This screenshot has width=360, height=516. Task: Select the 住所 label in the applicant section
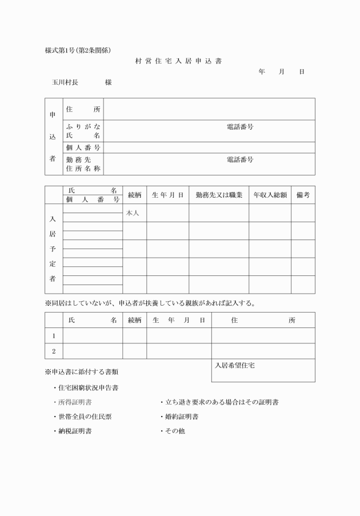(x=83, y=109)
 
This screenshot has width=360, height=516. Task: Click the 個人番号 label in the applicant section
(x=83, y=148)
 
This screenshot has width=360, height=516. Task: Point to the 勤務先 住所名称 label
(x=83, y=164)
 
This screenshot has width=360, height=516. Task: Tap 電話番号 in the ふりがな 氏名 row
(x=240, y=127)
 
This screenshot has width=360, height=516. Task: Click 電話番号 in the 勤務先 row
(x=240, y=160)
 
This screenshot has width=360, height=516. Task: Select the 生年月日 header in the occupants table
(x=167, y=195)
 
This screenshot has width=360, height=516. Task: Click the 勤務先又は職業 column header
(x=219, y=195)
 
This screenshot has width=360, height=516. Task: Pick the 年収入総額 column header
(x=270, y=195)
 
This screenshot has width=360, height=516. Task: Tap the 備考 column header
(x=303, y=195)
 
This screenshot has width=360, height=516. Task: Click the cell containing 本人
(x=133, y=213)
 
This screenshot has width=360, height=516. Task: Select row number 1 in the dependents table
(x=54, y=336)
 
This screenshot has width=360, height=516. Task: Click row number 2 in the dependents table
(x=54, y=351)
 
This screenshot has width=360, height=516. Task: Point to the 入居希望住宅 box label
(x=234, y=365)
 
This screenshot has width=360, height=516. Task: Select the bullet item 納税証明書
(x=75, y=431)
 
